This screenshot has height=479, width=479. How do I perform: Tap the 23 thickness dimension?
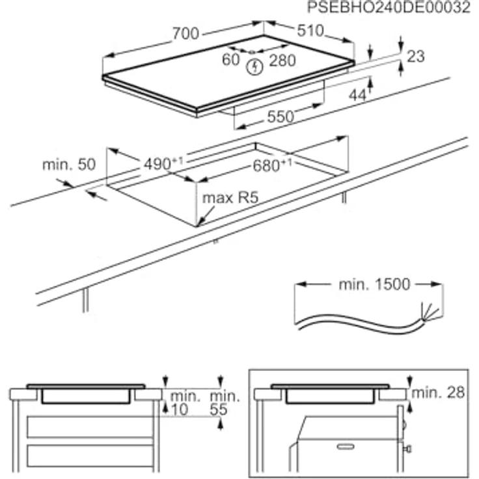[x=415, y=57]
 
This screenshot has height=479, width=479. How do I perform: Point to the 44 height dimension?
[x=357, y=95]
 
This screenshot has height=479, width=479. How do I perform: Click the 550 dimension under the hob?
[x=281, y=116]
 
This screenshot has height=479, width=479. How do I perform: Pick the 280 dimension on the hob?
[x=282, y=61]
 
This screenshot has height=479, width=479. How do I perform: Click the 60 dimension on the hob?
[x=231, y=60]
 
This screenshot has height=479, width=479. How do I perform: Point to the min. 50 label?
[x=69, y=165]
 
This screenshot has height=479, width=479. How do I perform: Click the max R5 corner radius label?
[x=226, y=198]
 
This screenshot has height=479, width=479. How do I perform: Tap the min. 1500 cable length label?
[x=374, y=284]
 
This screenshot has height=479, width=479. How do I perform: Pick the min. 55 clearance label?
[x=225, y=402]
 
